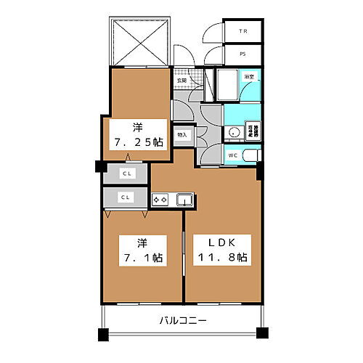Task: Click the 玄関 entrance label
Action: click(x=179, y=81)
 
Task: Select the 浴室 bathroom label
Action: click(x=249, y=76)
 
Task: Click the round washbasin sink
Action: click(x=234, y=132)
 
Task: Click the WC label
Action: click(x=232, y=155)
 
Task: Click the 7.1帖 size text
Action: click(x=137, y=257)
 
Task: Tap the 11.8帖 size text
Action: click(x=223, y=257)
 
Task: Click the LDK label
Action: click(x=223, y=242)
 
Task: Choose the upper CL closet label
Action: click(x=126, y=174)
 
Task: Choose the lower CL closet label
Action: click(x=126, y=196)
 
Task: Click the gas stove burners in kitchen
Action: click(x=160, y=199)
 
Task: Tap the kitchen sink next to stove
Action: click(x=182, y=199)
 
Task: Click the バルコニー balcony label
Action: click(x=184, y=320)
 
